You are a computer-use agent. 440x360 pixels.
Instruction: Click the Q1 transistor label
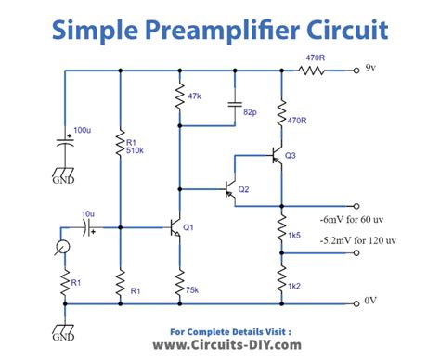point(188,226)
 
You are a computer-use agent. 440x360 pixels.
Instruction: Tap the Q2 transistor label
point(244,189)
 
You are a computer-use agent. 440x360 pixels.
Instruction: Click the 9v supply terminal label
point(370,70)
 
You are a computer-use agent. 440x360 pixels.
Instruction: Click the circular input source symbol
point(62,247)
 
